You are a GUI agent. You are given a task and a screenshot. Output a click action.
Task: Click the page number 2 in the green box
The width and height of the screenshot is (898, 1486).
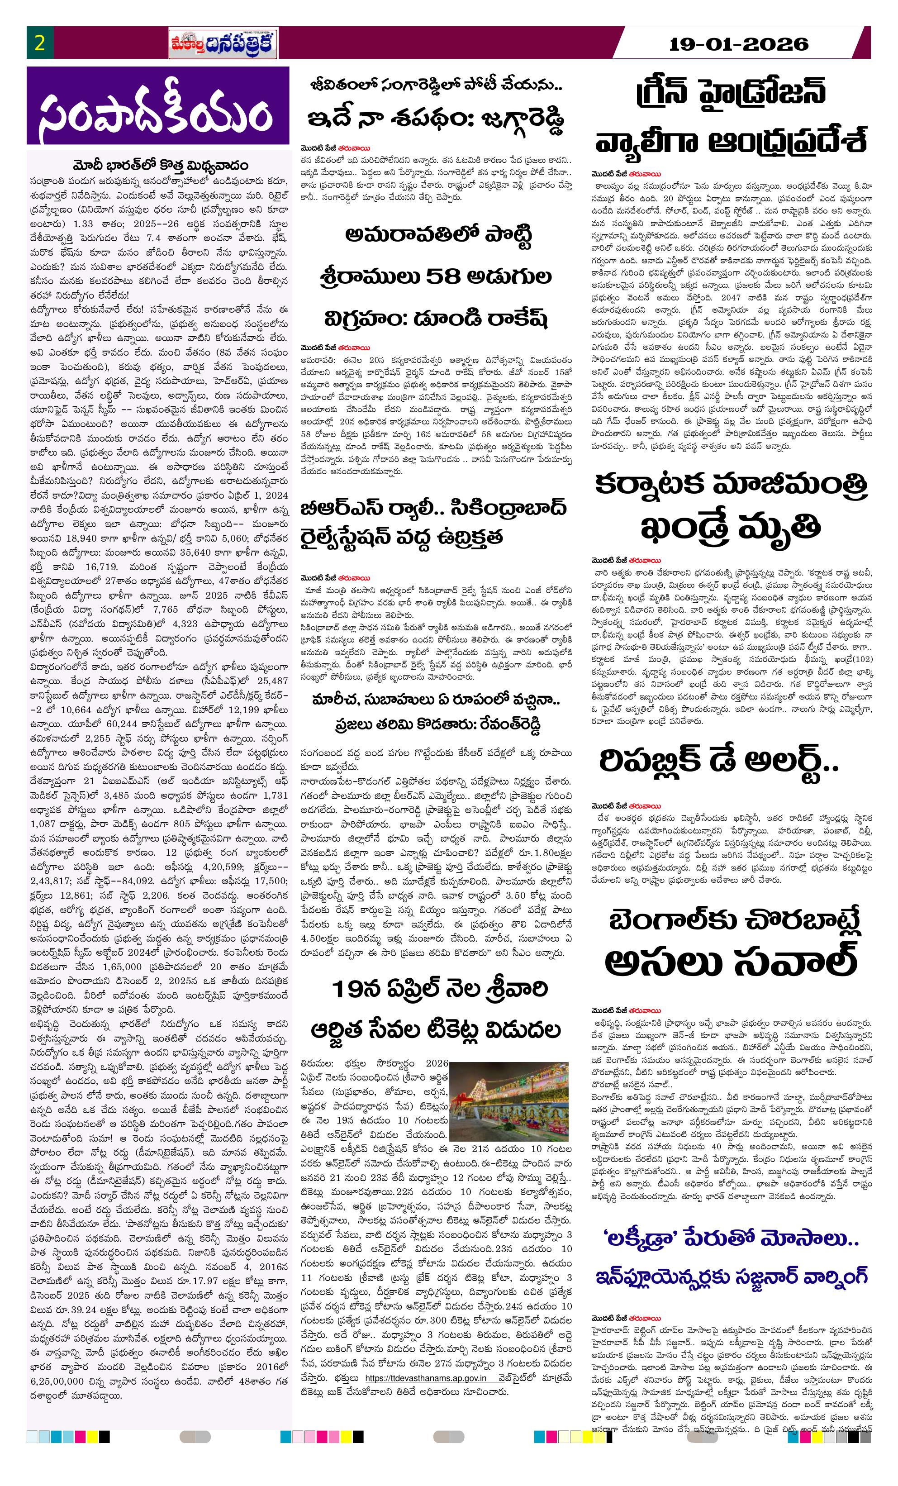40,43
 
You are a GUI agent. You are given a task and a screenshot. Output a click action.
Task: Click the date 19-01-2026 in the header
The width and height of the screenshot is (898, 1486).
738,44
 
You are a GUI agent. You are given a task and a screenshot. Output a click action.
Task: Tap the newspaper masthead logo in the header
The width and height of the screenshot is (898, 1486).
223,44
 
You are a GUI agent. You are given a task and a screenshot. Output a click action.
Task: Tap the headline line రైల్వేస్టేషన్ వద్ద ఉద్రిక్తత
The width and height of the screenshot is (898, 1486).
402,536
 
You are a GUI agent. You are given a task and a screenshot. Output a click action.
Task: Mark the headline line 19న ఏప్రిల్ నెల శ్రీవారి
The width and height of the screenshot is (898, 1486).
440,990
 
